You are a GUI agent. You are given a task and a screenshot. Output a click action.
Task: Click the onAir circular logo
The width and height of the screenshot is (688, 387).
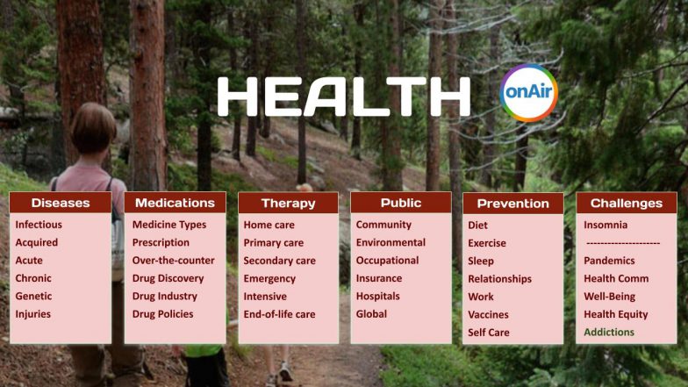click(528, 93)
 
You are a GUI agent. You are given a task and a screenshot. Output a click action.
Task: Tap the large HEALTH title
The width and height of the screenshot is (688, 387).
click(343, 97)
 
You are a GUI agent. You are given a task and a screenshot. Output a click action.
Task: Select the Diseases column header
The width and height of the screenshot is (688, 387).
click(61, 203)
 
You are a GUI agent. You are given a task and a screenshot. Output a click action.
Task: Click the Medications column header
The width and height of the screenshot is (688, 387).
click(175, 203)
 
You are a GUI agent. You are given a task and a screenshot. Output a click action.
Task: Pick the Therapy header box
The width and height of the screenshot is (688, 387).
click(288, 203)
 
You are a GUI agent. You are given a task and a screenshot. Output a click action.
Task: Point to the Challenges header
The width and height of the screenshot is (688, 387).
click(626, 203)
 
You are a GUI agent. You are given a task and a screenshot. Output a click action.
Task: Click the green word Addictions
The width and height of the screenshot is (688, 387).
click(609, 333)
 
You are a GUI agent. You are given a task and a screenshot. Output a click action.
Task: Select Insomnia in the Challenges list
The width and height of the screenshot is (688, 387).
click(606, 225)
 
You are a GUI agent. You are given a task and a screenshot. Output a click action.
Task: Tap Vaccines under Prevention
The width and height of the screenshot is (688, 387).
click(489, 314)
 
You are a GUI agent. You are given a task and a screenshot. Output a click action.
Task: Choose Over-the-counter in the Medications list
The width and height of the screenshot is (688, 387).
click(173, 261)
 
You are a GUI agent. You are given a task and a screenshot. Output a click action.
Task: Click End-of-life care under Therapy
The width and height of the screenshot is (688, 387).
click(279, 314)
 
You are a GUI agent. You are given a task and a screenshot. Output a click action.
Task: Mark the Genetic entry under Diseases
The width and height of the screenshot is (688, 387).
click(33, 297)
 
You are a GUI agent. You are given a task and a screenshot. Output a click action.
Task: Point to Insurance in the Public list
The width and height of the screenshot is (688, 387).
click(379, 278)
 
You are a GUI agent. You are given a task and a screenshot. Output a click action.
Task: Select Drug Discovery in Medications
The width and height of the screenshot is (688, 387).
click(168, 278)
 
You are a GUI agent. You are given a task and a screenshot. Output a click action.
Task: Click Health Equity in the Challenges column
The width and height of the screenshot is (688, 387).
click(616, 314)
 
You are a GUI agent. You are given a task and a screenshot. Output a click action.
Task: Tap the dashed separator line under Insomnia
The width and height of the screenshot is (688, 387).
click(623, 243)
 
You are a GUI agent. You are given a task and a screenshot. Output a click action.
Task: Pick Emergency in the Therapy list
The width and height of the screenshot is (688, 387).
click(270, 278)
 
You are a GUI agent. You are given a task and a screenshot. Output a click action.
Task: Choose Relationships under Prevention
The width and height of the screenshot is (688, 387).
click(499, 278)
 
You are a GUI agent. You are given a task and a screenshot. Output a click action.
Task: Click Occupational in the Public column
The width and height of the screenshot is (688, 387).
click(387, 261)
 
